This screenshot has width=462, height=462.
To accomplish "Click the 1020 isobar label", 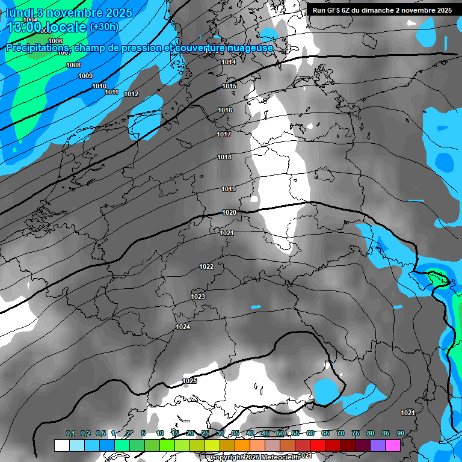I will tap(229, 212).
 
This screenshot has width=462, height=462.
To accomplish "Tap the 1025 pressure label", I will tap(189, 381).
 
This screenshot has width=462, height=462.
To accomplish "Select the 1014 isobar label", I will tap(229, 62).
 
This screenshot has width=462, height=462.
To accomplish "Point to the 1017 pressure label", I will tap(224, 134).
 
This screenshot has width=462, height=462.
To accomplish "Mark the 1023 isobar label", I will tap(198, 297).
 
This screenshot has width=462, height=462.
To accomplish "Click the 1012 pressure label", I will tap(131, 94).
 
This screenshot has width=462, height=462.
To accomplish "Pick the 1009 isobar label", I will tap(85, 76).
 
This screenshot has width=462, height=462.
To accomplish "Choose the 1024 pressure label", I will tap(183, 327).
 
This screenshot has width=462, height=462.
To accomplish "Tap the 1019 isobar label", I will tap(229, 189).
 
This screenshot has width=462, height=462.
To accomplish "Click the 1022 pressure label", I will tap(206, 266).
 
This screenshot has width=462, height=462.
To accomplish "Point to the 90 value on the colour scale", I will tap(400, 433).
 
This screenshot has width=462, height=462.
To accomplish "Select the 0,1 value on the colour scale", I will tap(70, 433).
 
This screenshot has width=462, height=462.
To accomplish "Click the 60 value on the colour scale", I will tap(310, 433).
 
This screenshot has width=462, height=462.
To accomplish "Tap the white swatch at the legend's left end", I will tap(61, 445).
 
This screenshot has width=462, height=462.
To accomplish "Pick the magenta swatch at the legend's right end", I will tap(393, 445).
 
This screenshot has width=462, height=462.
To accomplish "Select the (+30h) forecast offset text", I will tap(104, 26).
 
